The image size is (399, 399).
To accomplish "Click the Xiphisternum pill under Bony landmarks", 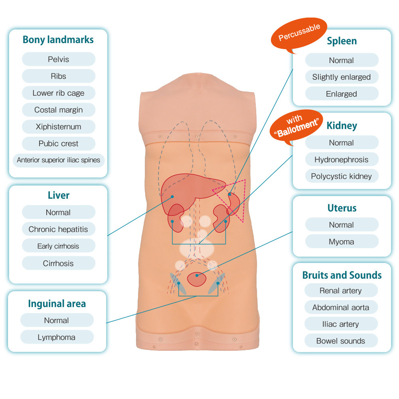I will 58,127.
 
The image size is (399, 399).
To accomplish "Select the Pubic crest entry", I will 58,144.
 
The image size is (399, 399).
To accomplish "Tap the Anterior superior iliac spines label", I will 58,160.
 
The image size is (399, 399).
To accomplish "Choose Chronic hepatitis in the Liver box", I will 58,229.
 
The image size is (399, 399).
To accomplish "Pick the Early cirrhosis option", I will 58,246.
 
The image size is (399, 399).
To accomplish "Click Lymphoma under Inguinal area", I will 56,337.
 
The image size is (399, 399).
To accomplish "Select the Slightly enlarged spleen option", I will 342,77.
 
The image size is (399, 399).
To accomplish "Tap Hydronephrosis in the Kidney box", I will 342,160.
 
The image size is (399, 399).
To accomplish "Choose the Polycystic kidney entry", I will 342,176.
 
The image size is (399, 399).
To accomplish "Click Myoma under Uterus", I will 342,242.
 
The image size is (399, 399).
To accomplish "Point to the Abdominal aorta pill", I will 341,308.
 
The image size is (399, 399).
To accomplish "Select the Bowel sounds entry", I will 341,341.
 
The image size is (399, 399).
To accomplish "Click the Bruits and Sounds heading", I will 342,275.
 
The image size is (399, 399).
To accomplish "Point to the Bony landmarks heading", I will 58,40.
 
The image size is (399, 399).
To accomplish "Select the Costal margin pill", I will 58,110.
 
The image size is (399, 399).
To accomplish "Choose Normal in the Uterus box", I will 342,225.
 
